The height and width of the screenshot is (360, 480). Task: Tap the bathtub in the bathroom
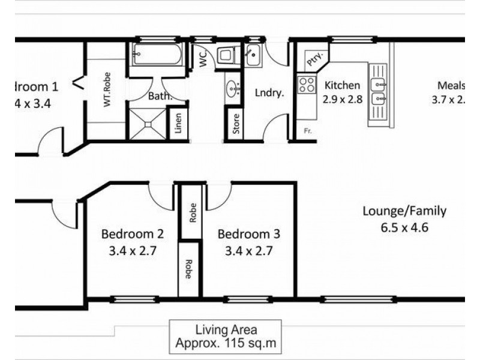(x=155, y=56)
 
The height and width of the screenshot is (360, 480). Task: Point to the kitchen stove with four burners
(x=307, y=84)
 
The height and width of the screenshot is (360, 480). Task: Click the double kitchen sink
(x=379, y=91)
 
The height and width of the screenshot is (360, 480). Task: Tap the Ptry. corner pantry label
(x=313, y=59)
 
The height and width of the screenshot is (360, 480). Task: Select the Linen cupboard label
(x=178, y=124)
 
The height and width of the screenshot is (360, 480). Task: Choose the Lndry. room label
(x=269, y=93)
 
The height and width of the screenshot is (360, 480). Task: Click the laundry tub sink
(x=253, y=56)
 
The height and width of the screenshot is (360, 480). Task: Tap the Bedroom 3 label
(x=248, y=234)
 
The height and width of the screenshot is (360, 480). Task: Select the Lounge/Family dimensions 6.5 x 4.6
(x=404, y=228)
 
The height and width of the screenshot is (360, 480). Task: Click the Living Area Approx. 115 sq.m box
(x=225, y=337)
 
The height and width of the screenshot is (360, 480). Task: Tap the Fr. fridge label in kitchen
(x=307, y=131)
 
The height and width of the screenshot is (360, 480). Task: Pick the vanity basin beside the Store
(x=233, y=90)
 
